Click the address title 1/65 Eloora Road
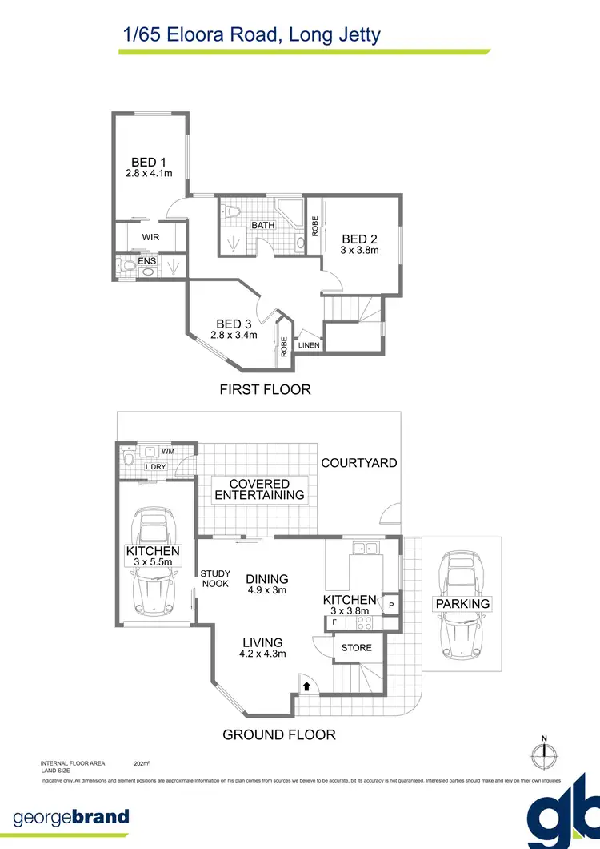click(x=251, y=34)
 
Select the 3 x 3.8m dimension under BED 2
click(x=360, y=251)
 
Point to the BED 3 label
click(x=234, y=324)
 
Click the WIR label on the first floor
click(x=150, y=237)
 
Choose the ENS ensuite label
click(x=147, y=261)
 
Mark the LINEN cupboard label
click(x=310, y=345)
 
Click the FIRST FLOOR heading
click(x=265, y=390)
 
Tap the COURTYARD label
click(x=359, y=463)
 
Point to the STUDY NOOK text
click(x=215, y=578)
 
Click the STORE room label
click(x=357, y=647)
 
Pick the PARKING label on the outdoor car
click(x=462, y=603)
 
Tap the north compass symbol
click(x=544, y=753)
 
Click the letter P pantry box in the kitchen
click(x=392, y=606)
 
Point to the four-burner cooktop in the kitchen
click(x=364, y=622)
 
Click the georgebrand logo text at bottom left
click(x=71, y=818)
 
